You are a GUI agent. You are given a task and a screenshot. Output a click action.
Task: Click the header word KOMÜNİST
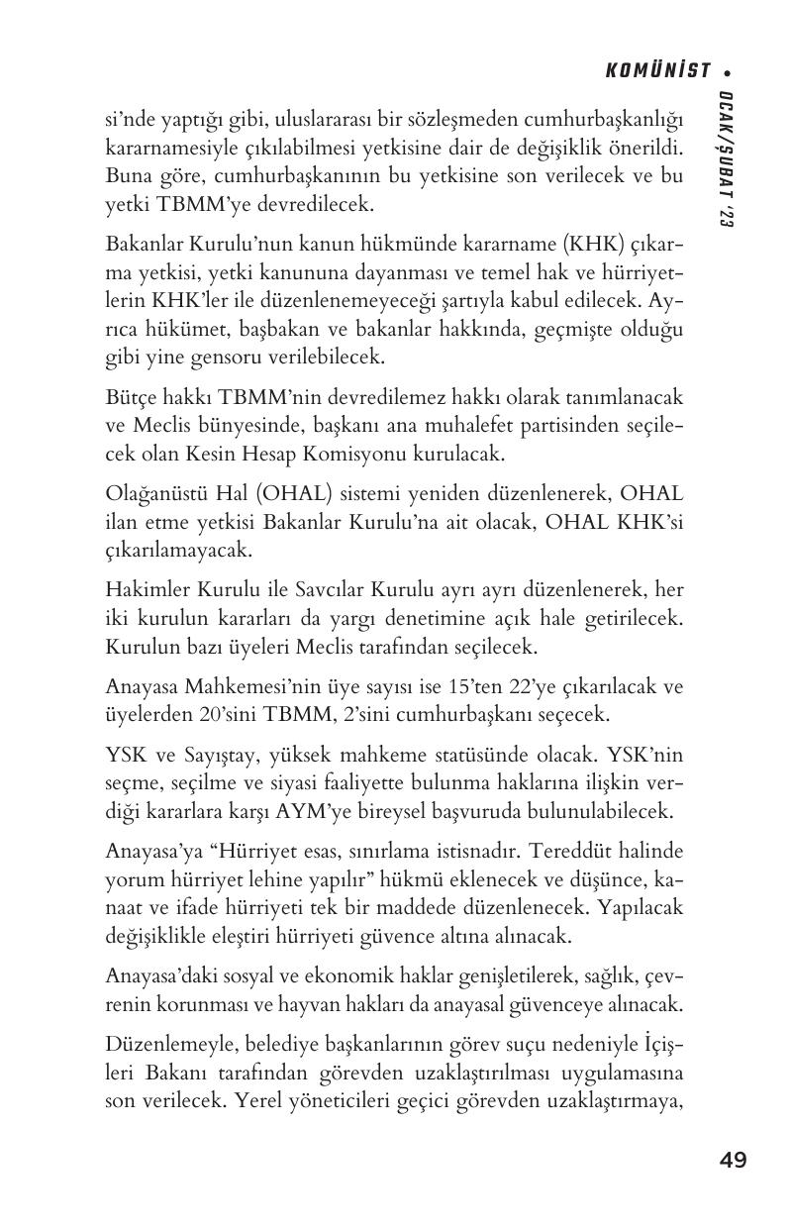(x=658, y=71)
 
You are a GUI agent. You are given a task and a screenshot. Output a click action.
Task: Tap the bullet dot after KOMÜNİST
(x=728, y=72)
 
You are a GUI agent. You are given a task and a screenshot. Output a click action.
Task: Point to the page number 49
(x=734, y=1160)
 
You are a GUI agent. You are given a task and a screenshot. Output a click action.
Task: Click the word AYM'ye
(x=359, y=811)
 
